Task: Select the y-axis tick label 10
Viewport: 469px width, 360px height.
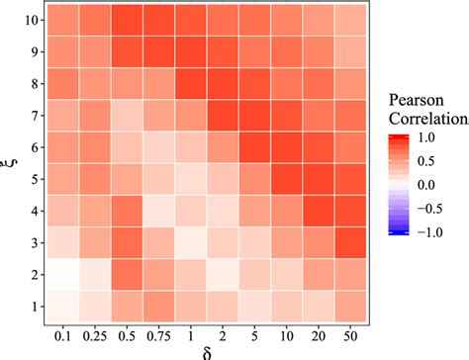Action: point(32,19)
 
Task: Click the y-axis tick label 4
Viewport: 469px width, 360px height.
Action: point(36,211)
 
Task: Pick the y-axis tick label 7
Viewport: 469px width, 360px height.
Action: point(36,115)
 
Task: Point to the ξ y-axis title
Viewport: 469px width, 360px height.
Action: point(11,162)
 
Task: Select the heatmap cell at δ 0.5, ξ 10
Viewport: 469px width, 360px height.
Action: point(128,19)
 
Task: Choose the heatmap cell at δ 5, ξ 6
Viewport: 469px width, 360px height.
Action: point(256,147)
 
